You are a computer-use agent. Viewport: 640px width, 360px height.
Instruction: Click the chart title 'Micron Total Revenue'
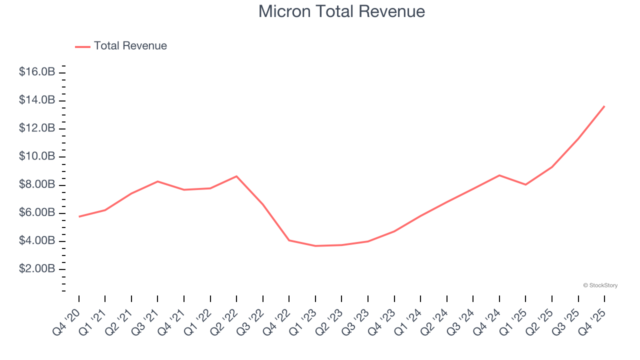pyautogui.click(x=341, y=11)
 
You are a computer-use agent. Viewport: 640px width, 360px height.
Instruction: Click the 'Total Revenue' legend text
pyautogui.click(x=130, y=46)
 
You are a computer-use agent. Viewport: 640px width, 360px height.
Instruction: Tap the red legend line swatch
pyautogui.click(x=82, y=46)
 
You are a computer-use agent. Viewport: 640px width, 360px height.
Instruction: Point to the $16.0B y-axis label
pyautogui.click(x=37, y=72)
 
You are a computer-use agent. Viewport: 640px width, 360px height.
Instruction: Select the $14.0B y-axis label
pyautogui.click(x=37, y=100)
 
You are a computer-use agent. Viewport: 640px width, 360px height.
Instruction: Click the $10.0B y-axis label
pyautogui.click(x=37, y=156)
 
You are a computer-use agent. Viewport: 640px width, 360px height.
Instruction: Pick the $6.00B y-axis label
pyautogui.click(x=37, y=212)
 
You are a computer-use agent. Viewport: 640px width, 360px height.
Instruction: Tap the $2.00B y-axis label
pyautogui.click(x=37, y=269)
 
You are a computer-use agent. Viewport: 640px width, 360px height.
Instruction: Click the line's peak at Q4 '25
pyautogui.click(x=604, y=106)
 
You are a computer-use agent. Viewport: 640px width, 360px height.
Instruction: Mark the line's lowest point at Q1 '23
pyautogui.click(x=315, y=245)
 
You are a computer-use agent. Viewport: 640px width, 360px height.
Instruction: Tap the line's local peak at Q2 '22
pyautogui.click(x=236, y=176)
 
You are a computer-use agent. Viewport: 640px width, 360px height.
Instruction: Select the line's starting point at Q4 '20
pyautogui.click(x=79, y=216)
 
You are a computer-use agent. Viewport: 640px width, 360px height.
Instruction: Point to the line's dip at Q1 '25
pyautogui.click(x=525, y=184)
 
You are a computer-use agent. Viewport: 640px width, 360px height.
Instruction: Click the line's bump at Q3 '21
pyautogui.click(x=157, y=181)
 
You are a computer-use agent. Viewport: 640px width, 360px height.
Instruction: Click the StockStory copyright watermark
pyautogui.click(x=600, y=285)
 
